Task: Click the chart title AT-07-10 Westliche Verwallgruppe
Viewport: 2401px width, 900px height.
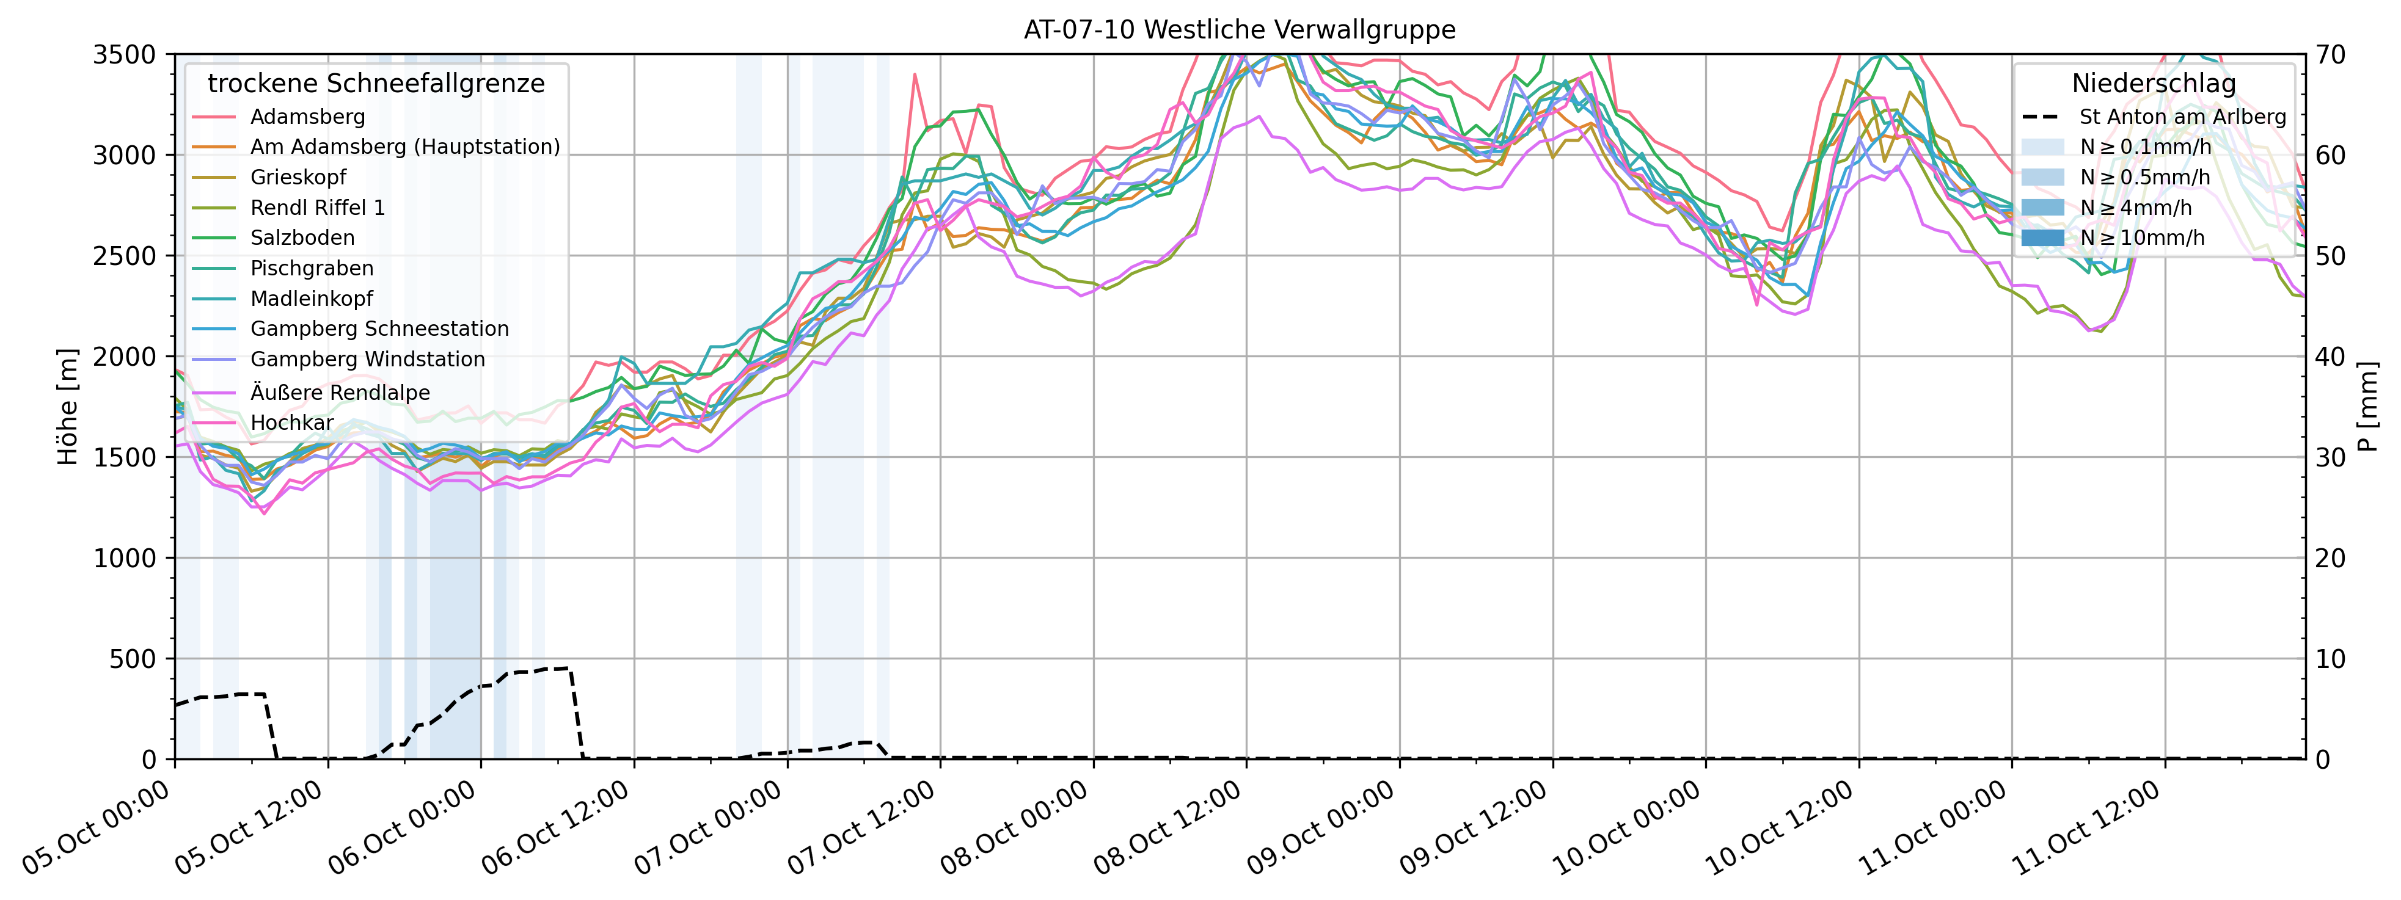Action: (x=1239, y=30)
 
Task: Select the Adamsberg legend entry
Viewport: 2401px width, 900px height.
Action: (x=307, y=117)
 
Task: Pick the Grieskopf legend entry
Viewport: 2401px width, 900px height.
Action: (x=298, y=177)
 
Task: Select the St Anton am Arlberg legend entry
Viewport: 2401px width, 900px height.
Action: (x=2182, y=117)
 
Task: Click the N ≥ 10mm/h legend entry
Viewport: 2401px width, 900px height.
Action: (x=2142, y=238)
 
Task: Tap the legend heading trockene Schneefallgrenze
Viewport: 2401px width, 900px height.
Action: (x=376, y=84)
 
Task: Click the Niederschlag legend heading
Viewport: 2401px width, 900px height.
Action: (x=2153, y=84)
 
